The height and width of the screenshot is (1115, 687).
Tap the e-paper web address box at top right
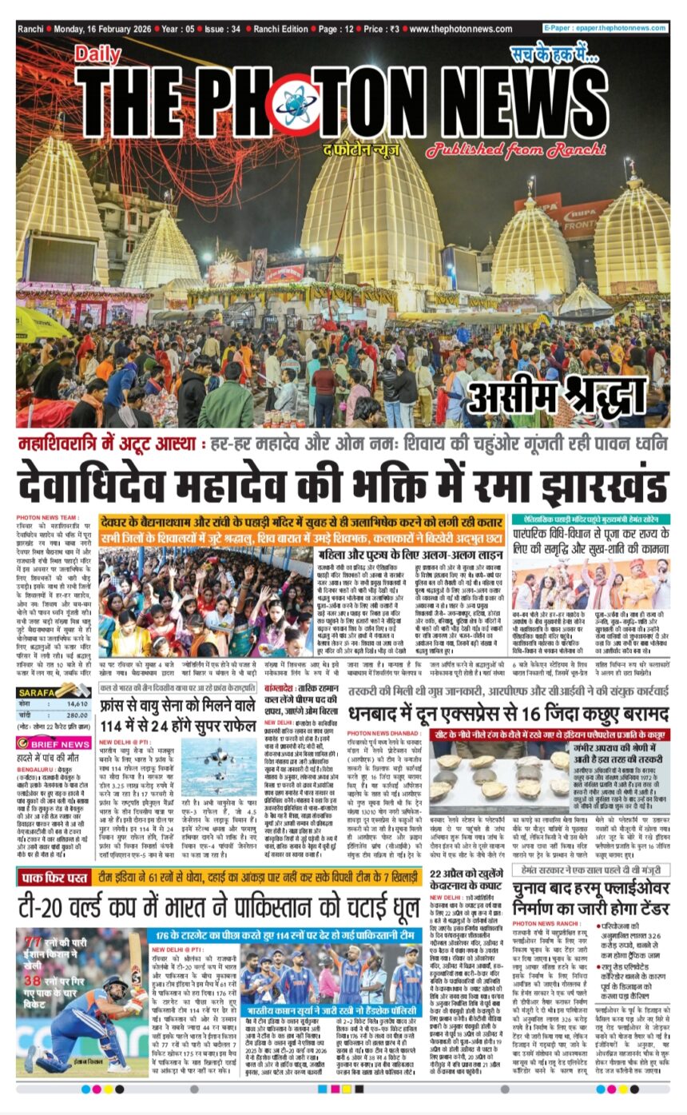[x=605, y=28]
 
